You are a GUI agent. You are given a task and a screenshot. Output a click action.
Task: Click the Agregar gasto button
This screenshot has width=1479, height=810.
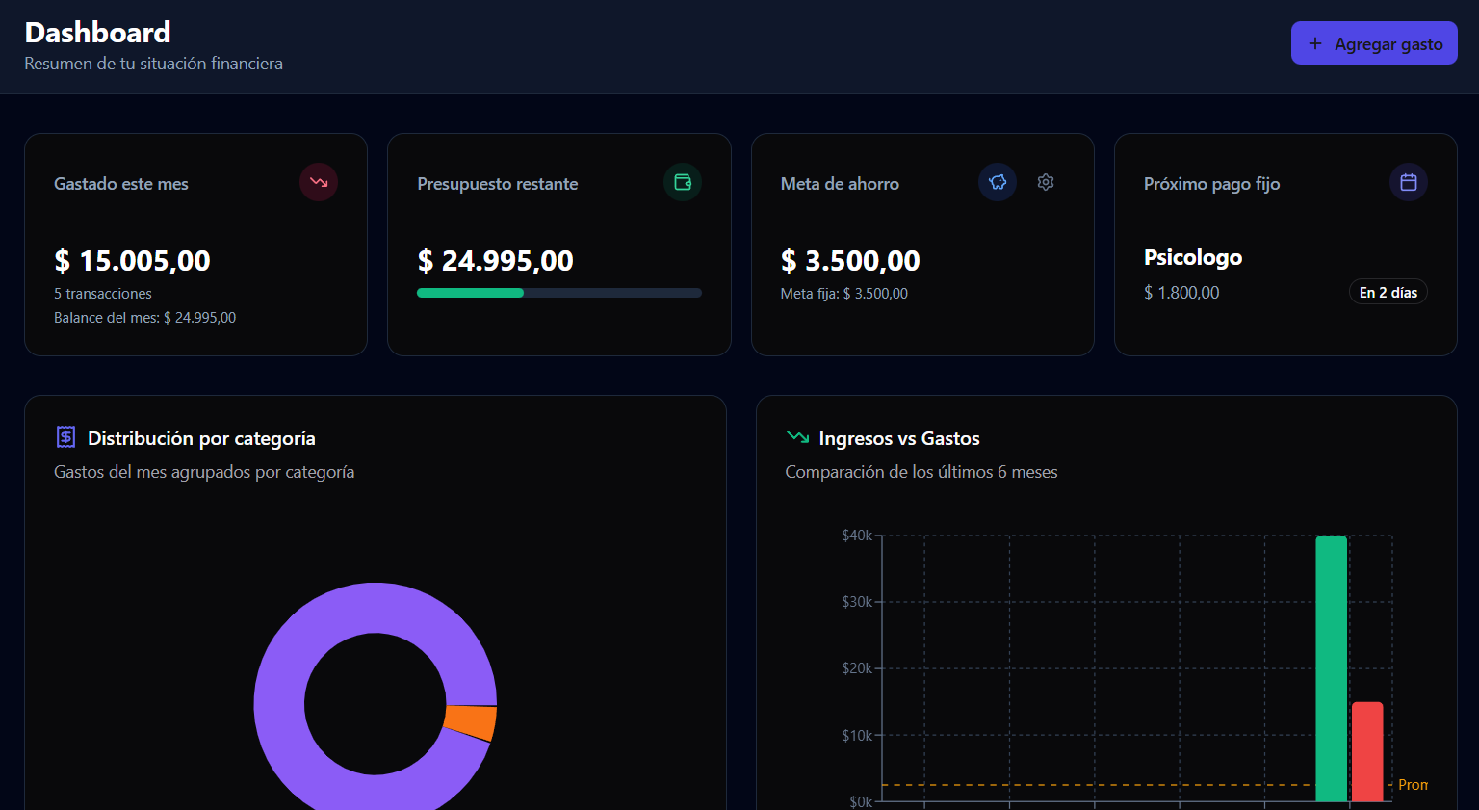(x=1374, y=43)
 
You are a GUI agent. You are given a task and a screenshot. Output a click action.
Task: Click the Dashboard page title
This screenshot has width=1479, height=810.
(x=97, y=33)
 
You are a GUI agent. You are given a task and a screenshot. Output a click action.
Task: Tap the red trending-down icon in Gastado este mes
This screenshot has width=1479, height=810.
(x=319, y=182)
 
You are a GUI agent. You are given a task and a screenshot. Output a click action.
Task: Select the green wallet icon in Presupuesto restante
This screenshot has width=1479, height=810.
(x=683, y=182)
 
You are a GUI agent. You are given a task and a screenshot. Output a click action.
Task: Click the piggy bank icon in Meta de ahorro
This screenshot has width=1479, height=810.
(x=998, y=182)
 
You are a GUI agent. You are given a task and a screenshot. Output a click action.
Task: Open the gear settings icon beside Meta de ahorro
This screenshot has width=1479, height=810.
(x=1046, y=182)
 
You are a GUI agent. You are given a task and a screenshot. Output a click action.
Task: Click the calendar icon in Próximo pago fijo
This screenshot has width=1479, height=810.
(x=1408, y=182)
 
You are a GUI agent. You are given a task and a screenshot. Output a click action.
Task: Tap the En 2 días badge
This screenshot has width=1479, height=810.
(x=1388, y=293)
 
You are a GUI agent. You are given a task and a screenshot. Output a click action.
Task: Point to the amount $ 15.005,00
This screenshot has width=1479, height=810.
(x=132, y=261)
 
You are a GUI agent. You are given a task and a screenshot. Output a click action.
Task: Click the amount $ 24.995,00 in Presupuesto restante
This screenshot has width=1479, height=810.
(x=495, y=261)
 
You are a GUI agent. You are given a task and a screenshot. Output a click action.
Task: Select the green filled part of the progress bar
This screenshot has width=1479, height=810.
(x=470, y=293)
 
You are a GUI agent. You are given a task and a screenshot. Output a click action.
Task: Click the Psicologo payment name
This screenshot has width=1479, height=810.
(x=1192, y=258)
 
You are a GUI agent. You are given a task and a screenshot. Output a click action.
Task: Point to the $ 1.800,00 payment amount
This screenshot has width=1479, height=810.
(x=1181, y=293)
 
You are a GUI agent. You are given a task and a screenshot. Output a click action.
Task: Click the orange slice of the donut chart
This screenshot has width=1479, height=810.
(x=472, y=722)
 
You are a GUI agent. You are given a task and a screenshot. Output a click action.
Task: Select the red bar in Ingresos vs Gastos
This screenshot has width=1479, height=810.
(x=1366, y=751)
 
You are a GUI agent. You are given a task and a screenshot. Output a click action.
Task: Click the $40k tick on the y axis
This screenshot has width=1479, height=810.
(x=856, y=536)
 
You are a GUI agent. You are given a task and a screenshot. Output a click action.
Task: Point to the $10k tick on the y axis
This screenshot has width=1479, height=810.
(x=856, y=736)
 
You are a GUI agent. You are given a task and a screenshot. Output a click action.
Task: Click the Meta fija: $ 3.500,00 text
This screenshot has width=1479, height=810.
(x=843, y=294)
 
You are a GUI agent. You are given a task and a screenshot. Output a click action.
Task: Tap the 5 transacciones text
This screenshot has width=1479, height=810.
(x=103, y=294)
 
